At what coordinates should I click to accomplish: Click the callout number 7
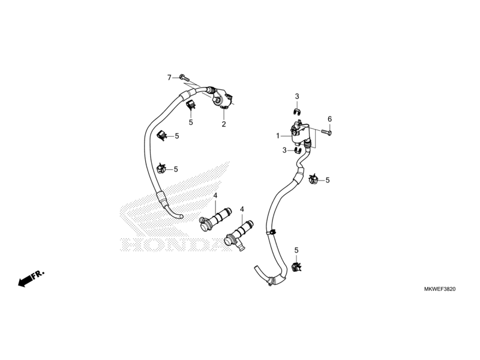(169, 78)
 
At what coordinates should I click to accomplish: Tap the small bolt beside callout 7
(182, 78)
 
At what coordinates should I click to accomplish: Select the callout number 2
(224, 124)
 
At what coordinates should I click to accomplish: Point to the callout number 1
(278, 136)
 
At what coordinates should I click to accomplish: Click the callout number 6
(329, 119)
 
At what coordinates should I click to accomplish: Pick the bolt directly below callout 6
(326, 132)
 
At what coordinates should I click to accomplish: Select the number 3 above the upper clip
(297, 97)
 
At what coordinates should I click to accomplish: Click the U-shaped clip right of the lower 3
(298, 151)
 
